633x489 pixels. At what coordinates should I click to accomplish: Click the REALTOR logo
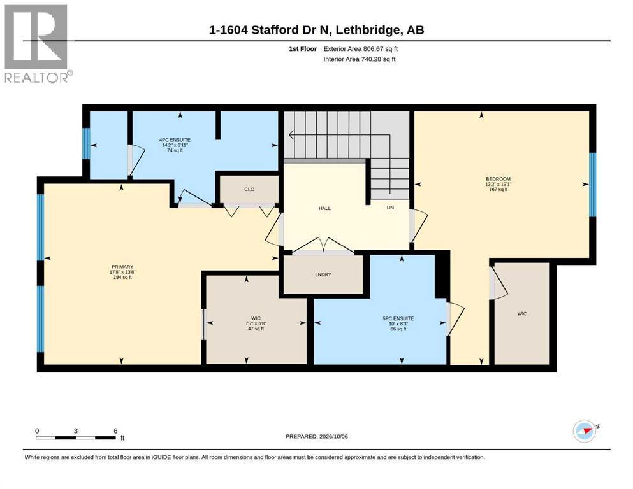(x=37, y=44)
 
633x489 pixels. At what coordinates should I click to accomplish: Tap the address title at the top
(x=316, y=30)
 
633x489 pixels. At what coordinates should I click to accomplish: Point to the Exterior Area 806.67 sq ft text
(x=361, y=49)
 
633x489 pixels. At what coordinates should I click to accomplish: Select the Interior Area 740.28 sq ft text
(x=360, y=59)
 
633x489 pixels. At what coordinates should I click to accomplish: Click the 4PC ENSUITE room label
(x=175, y=140)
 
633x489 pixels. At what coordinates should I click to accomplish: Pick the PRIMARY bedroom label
(x=122, y=267)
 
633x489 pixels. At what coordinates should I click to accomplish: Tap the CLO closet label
(x=249, y=190)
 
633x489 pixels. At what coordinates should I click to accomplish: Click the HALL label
(x=324, y=208)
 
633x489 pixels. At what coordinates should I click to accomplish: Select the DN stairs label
(x=390, y=208)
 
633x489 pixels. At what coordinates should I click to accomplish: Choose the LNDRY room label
(x=323, y=274)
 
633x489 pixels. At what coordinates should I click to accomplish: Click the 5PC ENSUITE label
(x=398, y=318)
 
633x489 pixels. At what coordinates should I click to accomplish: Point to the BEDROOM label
(x=498, y=179)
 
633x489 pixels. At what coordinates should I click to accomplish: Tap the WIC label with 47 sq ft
(x=256, y=318)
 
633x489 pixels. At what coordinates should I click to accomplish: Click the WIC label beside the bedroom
(x=522, y=314)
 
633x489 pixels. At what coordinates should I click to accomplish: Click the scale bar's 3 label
(x=75, y=430)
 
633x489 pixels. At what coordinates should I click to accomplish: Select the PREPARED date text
(x=316, y=436)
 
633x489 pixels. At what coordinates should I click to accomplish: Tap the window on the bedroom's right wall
(x=593, y=185)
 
